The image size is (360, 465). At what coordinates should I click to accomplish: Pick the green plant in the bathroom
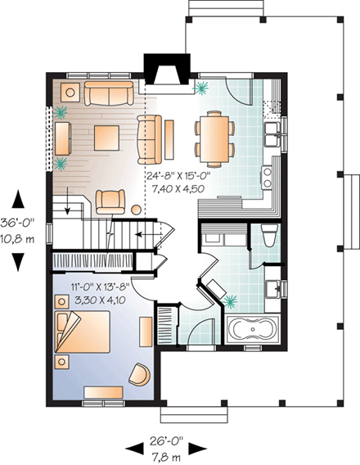click(236, 300)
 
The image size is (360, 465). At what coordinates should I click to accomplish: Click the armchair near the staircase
click(111, 200)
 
